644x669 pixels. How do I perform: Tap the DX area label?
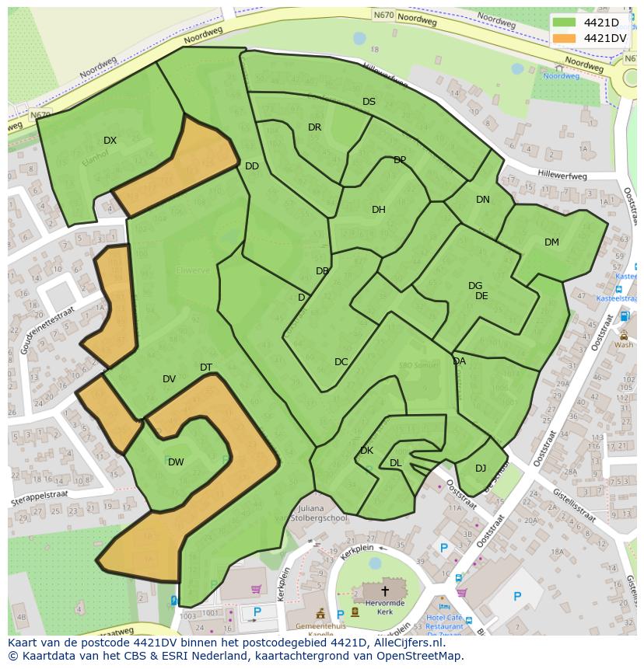coord(110,141)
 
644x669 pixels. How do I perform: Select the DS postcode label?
coord(369,102)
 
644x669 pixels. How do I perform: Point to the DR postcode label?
coord(314,127)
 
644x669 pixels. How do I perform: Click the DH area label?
coord(378,210)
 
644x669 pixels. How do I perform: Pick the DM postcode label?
coord(551,242)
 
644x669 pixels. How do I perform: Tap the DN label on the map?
coord(483,200)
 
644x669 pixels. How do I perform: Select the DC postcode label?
coord(341,362)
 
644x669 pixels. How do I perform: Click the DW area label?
coord(176,462)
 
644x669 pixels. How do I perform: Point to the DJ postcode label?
coord(481,468)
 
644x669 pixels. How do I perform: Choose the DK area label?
coord(366,451)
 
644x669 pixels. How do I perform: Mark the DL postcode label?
coord(395,463)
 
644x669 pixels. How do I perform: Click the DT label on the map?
coord(206,368)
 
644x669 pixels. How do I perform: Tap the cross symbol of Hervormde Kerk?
coord(384,591)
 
